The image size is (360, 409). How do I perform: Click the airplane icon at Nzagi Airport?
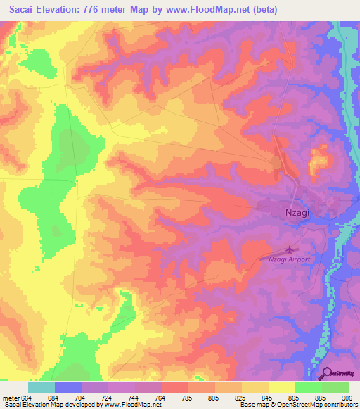click(x=290, y=249)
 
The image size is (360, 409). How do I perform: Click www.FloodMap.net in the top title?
click(x=213, y=10)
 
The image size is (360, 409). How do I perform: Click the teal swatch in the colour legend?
click(x=41, y=387)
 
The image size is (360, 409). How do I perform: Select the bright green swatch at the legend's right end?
click(x=335, y=387)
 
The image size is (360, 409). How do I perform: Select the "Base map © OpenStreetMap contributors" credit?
click(x=297, y=405)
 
